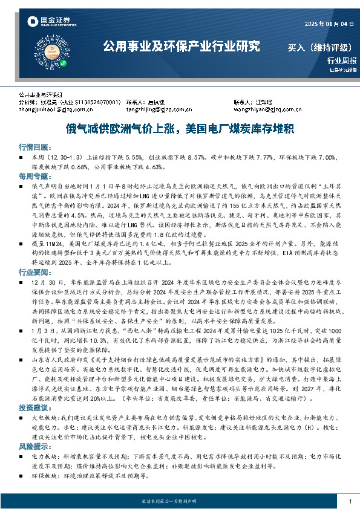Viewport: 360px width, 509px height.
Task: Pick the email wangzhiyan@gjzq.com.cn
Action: point(267,109)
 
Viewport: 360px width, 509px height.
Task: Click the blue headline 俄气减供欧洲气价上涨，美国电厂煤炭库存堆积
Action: point(180,129)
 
